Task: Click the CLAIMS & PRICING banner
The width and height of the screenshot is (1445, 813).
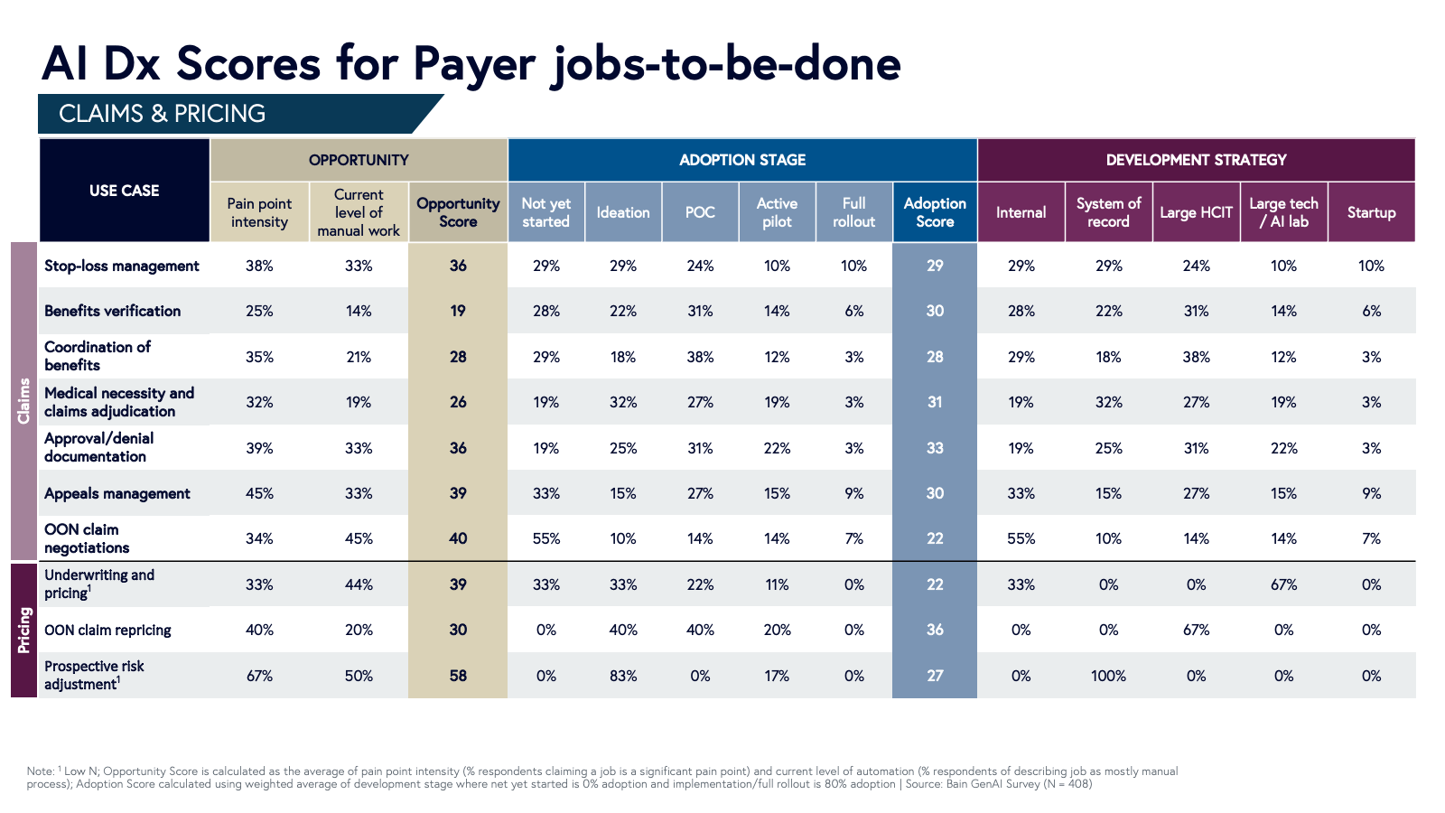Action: pyautogui.click(x=163, y=114)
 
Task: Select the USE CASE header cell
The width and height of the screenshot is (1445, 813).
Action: pyautogui.click(x=124, y=191)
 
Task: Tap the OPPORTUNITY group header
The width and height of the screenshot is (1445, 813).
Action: pyautogui.click(x=359, y=160)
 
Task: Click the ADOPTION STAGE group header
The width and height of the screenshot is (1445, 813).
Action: pyautogui.click(x=742, y=160)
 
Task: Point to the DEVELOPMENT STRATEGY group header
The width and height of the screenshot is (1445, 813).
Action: pyautogui.click(x=1196, y=160)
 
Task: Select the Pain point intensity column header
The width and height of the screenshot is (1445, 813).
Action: pyautogui.click(x=259, y=213)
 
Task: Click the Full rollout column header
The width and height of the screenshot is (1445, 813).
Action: pyautogui.click(x=853, y=213)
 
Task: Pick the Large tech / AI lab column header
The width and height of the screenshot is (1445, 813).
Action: pyautogui.click(x=1283, y=213)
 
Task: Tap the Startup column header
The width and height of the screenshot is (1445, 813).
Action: pyautogui.click(x=1371, y=213)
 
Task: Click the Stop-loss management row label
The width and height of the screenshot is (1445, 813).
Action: pyautogui.click(x=122, y=266)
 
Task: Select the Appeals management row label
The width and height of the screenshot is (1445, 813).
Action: pyautogui.click(x=117, y=493)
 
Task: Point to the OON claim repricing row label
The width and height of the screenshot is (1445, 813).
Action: pyautogui.click(x=107, y=631)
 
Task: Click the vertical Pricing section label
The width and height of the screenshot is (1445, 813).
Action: pyautogui.click(x=24, y=631)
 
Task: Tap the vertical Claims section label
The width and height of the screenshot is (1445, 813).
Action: pyautogui.click(x=24, y=401)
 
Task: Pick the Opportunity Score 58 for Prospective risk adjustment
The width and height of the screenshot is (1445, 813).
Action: pyautogui.click(x=458, y=676)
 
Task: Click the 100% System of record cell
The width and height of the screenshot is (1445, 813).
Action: pyautogui.click(x=1108, y=676)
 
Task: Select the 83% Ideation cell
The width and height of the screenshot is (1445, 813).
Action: pyautogui.click(x=623, y=676)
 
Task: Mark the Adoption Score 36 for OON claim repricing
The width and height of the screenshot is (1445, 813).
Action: pyautogui.click(x=935, y=630)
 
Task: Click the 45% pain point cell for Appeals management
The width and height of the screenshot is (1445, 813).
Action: pyautogui.click(x=259, y=493)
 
